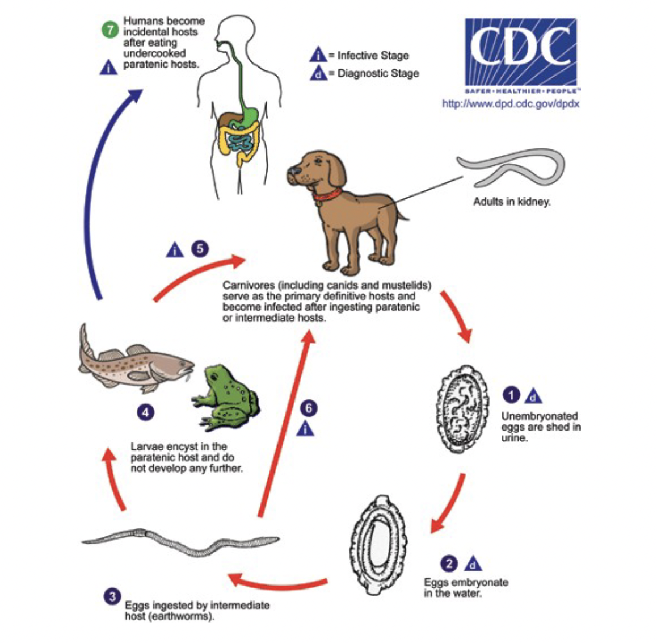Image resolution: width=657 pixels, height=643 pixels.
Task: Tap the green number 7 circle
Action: [110, 30]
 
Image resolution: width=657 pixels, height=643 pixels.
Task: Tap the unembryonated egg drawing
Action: [462, 410]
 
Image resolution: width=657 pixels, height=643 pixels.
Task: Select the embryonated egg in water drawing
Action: [377, 545]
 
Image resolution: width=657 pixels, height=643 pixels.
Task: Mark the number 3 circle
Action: [112, 597]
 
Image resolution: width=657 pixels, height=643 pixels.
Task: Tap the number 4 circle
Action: [146, 412]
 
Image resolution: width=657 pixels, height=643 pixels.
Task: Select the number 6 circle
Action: [308, 408]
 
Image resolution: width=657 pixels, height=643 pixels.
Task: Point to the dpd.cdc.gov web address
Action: [511, 104]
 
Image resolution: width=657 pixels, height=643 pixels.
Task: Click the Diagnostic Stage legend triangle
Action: [318, 73]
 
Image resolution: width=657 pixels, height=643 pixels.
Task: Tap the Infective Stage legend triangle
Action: [318, 55]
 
